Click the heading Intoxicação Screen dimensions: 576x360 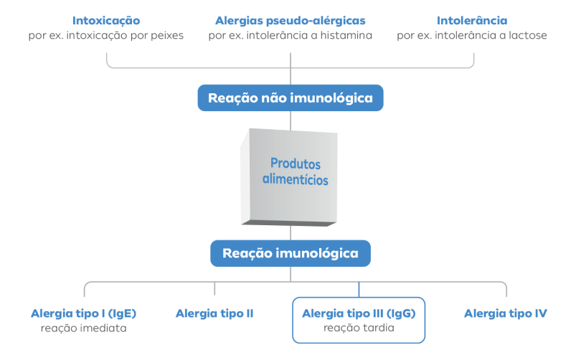(106, 21)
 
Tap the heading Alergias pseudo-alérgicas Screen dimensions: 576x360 (291, 21)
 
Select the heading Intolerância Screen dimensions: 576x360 (472, 21)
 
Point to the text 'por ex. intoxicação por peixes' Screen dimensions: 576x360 (105, 36)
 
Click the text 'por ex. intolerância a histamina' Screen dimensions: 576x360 (291, 36)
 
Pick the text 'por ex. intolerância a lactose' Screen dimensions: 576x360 (472, 36)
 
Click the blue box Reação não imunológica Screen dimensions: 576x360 (291, 98)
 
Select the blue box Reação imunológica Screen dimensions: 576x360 (291, 253)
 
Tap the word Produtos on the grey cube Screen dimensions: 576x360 (296, 164)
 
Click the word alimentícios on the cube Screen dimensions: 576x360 (296, 179)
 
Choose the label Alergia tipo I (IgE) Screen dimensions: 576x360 (84, 313)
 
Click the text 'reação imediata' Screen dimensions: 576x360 (84, 328)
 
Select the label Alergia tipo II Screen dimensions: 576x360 (214, 313)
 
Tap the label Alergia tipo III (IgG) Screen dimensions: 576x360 (359, 313)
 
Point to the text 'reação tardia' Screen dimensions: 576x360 (359, 328)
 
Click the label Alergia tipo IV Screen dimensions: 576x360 (506, 313)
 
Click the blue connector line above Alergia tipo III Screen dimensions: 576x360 (359, 290)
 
